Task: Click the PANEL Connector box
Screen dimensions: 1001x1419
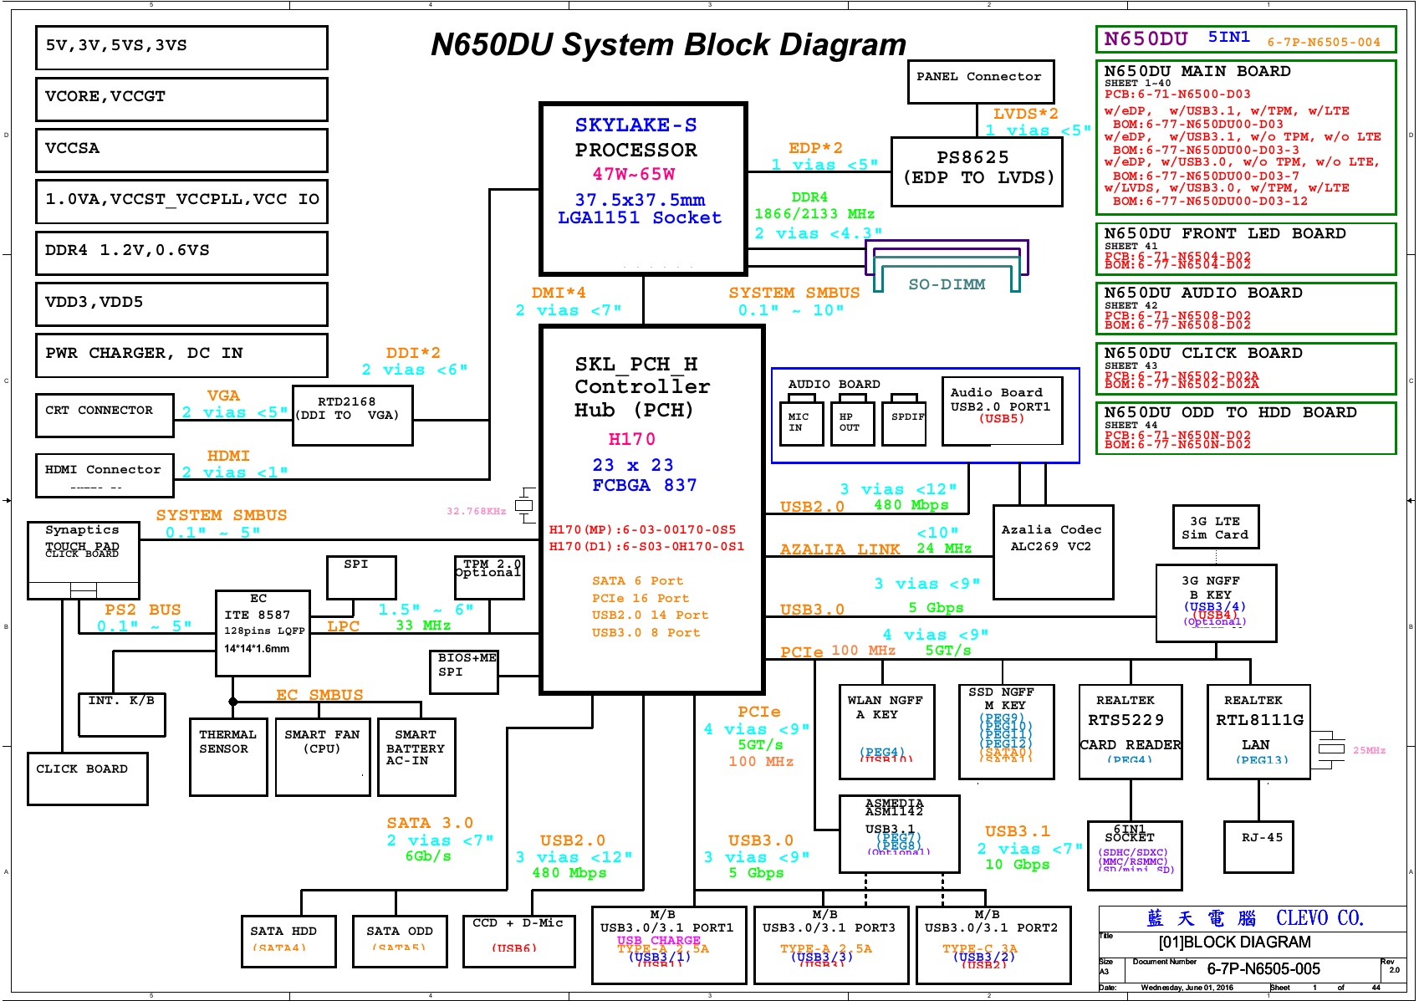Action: pos(980,81)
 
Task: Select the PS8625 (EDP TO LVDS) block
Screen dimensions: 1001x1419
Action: pos(977,171)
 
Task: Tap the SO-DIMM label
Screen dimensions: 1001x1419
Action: pos(947,284)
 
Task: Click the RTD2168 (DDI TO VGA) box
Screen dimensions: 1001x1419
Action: pos(352,415)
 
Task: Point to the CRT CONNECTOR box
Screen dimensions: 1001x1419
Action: pos(105,415)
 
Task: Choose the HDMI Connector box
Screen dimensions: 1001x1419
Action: pos(105,475)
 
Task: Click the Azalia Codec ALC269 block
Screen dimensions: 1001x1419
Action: pos(1052,551)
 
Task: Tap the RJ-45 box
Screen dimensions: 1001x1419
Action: pos(1262,846)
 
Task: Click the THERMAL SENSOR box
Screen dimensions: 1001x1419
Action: pos(228,756)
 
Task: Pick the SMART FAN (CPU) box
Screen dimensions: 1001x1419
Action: pos(323,756)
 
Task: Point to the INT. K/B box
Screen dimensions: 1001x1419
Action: pos(122,713)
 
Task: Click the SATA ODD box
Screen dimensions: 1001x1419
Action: pos(399,940)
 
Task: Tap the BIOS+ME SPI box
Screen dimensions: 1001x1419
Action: pos(464,672)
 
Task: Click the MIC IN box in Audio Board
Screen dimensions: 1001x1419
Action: pos(801,422)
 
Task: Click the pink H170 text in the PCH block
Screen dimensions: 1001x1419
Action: pos(631,439)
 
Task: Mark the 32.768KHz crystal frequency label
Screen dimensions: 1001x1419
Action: pos(476,511)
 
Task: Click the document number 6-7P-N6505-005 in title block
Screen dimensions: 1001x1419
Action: pos(1263,969)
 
